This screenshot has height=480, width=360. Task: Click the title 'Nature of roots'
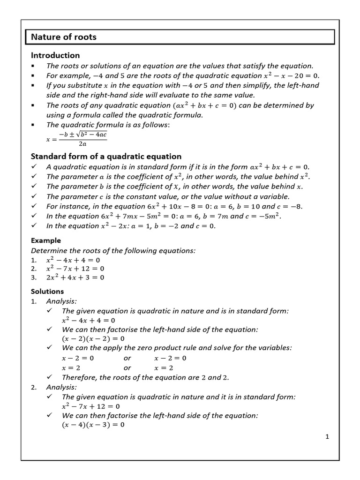pos(64,37)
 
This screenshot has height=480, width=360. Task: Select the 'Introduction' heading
pos(55,55)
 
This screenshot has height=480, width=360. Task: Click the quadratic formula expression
pos(76,139)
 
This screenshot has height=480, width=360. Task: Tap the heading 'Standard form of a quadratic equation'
pos(105,156)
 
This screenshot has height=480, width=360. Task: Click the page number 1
pos(327,437)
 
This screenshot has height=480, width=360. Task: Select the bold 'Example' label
pos(45,240)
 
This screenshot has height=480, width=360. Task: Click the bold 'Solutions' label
pos(47,291)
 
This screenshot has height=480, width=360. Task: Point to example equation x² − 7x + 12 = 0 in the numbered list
pos(75,269)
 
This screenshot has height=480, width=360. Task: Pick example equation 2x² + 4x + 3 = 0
pos(75,277)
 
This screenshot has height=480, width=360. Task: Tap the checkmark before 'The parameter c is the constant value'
pos(34,196)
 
